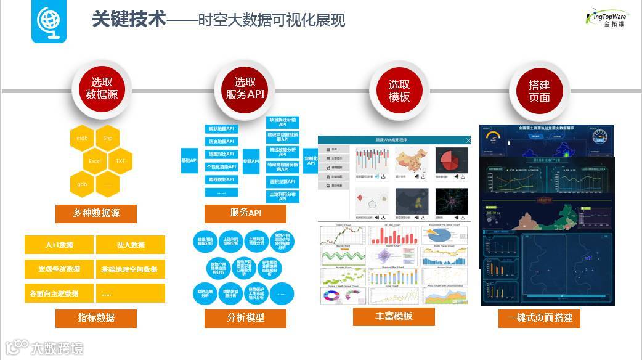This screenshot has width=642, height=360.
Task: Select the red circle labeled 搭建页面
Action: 539,91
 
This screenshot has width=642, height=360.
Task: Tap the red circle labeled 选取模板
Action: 399,91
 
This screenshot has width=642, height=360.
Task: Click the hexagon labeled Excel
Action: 95,161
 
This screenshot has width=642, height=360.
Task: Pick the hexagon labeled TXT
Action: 120,161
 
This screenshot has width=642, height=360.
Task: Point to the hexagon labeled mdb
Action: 82,138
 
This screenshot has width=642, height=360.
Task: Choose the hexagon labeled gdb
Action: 82,184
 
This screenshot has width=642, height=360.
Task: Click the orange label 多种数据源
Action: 96,213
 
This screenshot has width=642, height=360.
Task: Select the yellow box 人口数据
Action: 59,245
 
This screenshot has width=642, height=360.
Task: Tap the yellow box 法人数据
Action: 131,245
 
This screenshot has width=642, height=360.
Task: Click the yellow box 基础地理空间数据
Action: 131,269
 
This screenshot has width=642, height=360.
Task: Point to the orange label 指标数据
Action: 96,318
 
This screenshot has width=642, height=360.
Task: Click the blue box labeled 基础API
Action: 189,160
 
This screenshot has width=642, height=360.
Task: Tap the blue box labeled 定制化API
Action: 311,160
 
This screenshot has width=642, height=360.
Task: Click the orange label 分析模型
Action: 245,318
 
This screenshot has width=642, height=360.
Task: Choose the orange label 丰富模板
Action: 394,316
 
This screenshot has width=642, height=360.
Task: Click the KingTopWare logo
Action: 606,17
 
